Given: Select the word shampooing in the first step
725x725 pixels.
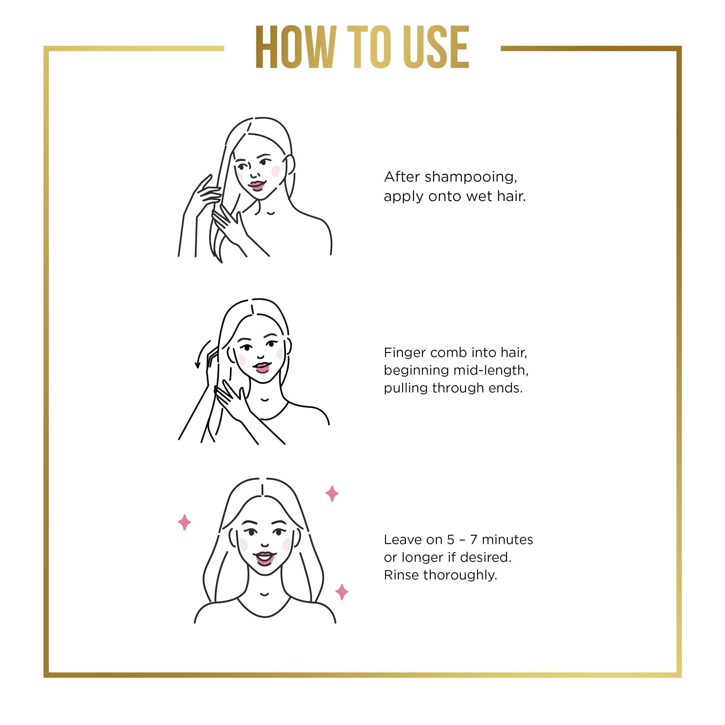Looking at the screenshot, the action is click(x=471, y=177).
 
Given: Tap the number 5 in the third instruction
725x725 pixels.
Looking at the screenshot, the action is click(x=450, y=540).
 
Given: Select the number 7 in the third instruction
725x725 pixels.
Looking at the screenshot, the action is click(x=474, y=540).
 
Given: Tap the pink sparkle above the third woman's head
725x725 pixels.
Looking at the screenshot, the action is click(x=332, y=494).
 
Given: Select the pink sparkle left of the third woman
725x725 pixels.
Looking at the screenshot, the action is click(x=184, y=522).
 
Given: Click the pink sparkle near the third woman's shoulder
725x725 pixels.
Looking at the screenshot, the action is click(x=342, y=592).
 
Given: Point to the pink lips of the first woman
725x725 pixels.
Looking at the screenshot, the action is click(x=257, y=185).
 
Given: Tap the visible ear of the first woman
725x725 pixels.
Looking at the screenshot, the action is click(x=290, y=165).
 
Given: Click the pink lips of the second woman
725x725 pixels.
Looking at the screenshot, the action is click(x=262, y=367).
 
